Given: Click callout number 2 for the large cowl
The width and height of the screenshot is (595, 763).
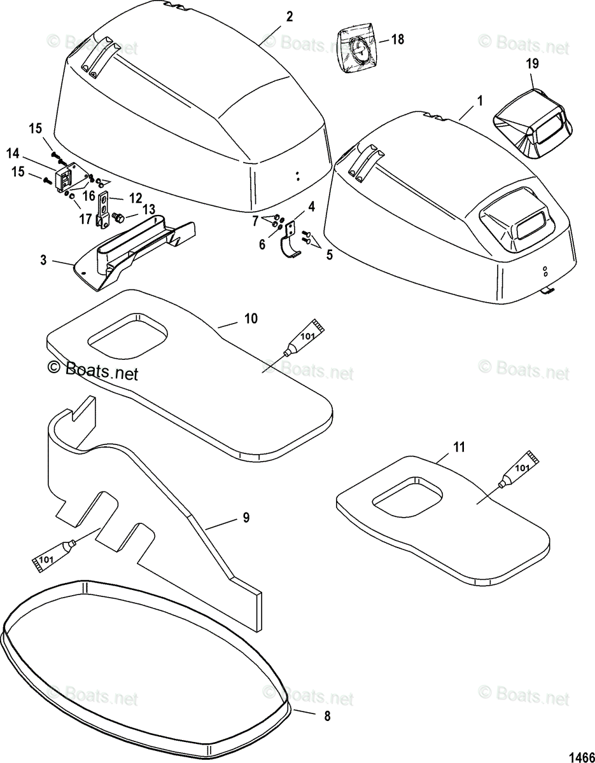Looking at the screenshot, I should click(x=290, y=17).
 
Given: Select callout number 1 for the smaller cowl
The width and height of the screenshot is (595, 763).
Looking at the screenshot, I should click(x=479, y=100).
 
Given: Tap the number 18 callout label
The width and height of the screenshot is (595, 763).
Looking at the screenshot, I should click(x=397, y=39).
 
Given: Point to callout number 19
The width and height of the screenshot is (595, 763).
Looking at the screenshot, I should click(x=533, y=63).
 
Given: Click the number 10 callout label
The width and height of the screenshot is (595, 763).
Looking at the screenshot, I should click(x=251, y=318).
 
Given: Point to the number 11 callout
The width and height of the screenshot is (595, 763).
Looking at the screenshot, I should click(x=459, y=448).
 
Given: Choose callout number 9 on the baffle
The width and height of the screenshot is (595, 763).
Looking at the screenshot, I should click(x=246, y=518).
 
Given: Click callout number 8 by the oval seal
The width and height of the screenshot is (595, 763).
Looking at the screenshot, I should click(x=327, y=716).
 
